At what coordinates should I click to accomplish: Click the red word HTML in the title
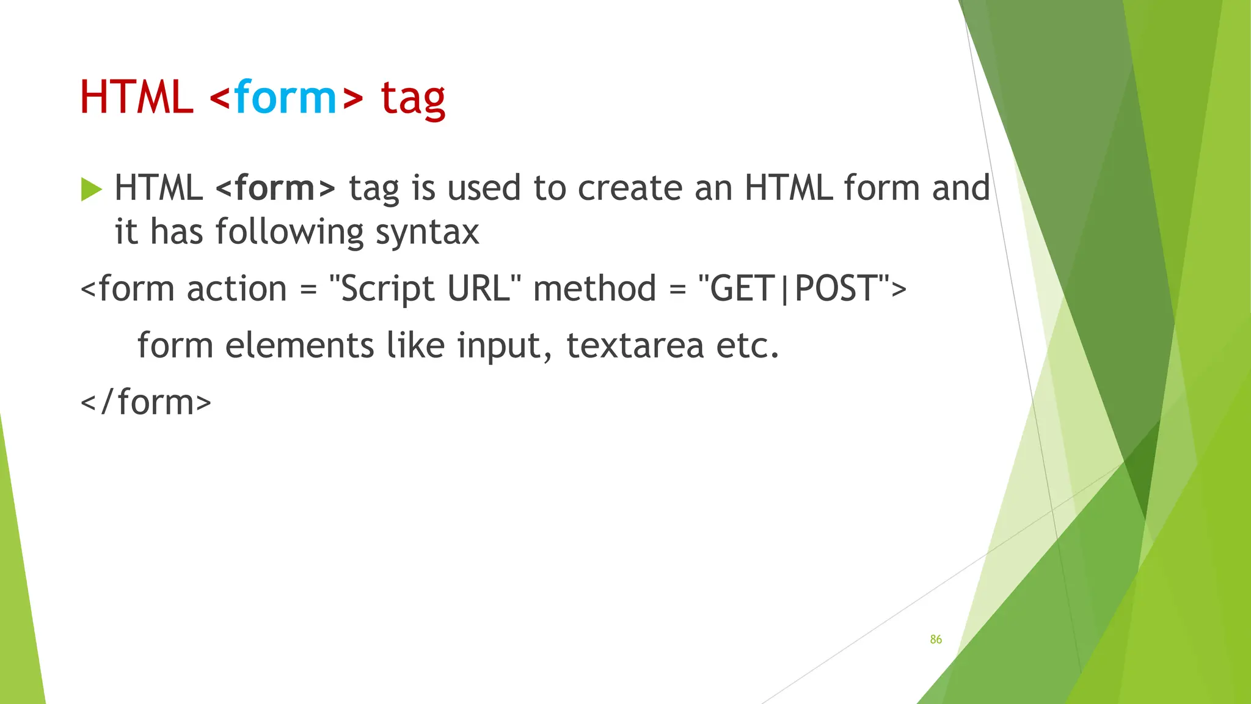[136, 98]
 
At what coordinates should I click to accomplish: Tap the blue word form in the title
[285, 98]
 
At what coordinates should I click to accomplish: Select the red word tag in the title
[413, 99]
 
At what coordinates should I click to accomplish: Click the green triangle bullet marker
[91, 189]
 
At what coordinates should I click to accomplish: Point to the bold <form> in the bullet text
[275, 188]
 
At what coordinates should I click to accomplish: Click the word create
[630, 188]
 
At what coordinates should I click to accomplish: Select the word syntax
[427, 233]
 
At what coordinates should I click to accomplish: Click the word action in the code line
[236, 288]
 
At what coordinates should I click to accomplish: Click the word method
[594, 288]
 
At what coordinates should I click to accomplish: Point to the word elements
[299, 346]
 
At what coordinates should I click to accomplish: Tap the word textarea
[635, 346]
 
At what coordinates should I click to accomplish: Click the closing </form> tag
[146, 403]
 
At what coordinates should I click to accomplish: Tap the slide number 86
[936, 640]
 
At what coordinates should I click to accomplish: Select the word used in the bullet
[484, 188]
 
